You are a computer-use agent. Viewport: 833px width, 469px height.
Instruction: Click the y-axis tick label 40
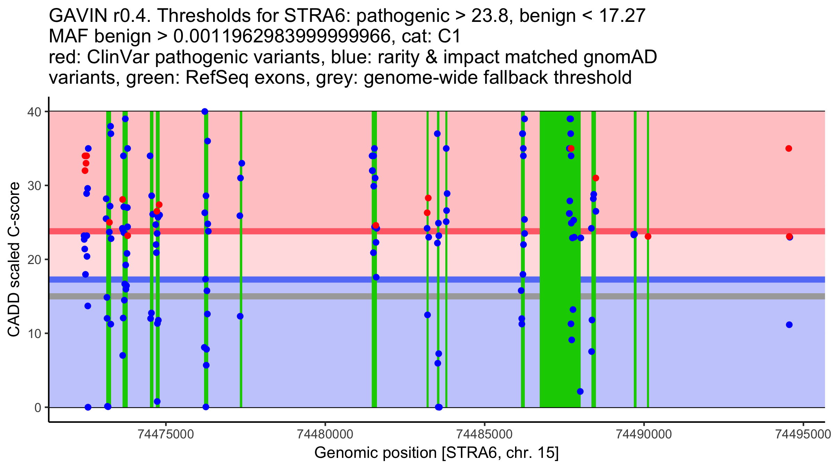pos(34,112)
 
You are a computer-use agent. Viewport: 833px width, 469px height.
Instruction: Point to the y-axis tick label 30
pos(34,186)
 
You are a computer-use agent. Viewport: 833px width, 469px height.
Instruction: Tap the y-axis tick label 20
pos(34,260)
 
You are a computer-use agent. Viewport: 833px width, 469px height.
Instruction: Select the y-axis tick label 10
pos(34,334)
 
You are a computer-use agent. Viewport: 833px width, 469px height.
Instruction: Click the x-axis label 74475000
pos(166,434)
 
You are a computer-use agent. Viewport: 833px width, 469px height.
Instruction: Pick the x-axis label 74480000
pos(325,434)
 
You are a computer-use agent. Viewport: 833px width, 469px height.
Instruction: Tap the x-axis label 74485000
pos(485,434)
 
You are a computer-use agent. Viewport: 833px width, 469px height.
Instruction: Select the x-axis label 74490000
pos(644,434)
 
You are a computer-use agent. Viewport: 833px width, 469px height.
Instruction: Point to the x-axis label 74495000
pos(803,434)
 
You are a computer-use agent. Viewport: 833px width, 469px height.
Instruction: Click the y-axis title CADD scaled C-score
pos(14,260)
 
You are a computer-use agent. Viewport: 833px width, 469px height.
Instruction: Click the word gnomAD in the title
pos(620,57)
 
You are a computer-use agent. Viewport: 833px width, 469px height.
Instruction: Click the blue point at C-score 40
pos(205,112)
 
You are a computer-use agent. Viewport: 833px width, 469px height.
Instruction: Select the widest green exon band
pos(560,259)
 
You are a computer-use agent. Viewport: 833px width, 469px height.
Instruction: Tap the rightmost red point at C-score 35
pos(789,149)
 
